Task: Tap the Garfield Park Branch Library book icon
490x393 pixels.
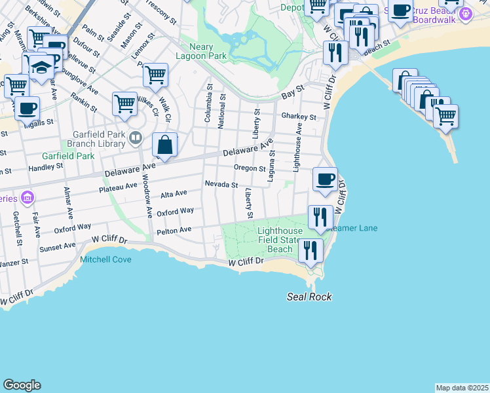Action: tap(136, 138)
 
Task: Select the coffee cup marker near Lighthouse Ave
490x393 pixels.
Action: tap(325, 179)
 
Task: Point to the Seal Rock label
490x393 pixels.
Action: tap(309, 297)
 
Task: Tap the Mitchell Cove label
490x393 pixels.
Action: tap(105, 259)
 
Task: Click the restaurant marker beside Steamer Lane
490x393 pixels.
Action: tap(320, 217)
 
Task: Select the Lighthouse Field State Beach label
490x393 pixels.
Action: tap(280, 240)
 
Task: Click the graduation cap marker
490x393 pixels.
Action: tap(41, 69)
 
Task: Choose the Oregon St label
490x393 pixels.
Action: tap(250, 168)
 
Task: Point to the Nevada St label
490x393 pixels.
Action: tap(221, 185)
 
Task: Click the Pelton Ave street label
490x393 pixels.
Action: tap(174, 230)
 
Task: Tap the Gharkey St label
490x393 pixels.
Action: tap(299, 117)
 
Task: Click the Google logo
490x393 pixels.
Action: tap(22, 385)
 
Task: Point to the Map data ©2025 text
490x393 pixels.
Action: tap(462, 388)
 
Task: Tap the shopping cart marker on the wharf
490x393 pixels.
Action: tap(445, 116)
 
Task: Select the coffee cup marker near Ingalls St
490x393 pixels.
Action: tap(28, 108)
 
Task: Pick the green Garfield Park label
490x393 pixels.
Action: tap(68, 156)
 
